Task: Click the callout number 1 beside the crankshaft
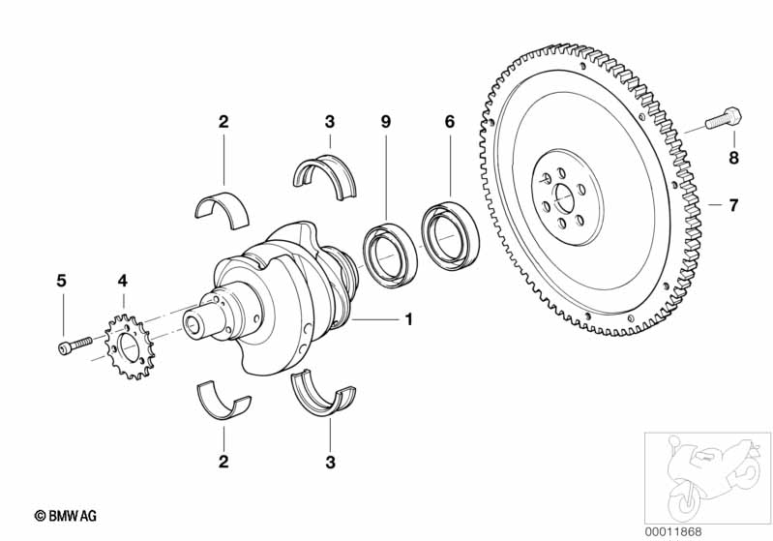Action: tap(408, 319)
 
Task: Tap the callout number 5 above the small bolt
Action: tap(61, 281)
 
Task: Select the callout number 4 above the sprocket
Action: tap(122, 281)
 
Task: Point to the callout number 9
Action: tap(385, 122)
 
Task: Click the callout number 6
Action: tap(450, 122)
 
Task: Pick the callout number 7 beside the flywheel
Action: tap(733, 204)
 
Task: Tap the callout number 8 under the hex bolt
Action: tap(733, 159)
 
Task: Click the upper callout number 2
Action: tap(223, 122)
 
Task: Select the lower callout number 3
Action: tap(330, 462)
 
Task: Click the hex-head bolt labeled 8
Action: tap(724, 117)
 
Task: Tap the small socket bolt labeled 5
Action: tap(74, 345)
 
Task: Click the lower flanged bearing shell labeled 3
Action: tap(323, 399)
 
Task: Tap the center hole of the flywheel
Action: tap(564, 198)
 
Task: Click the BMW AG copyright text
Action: tap(65, 516)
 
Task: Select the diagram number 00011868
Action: tap(673, 531)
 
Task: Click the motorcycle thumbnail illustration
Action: tap(707, 477)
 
